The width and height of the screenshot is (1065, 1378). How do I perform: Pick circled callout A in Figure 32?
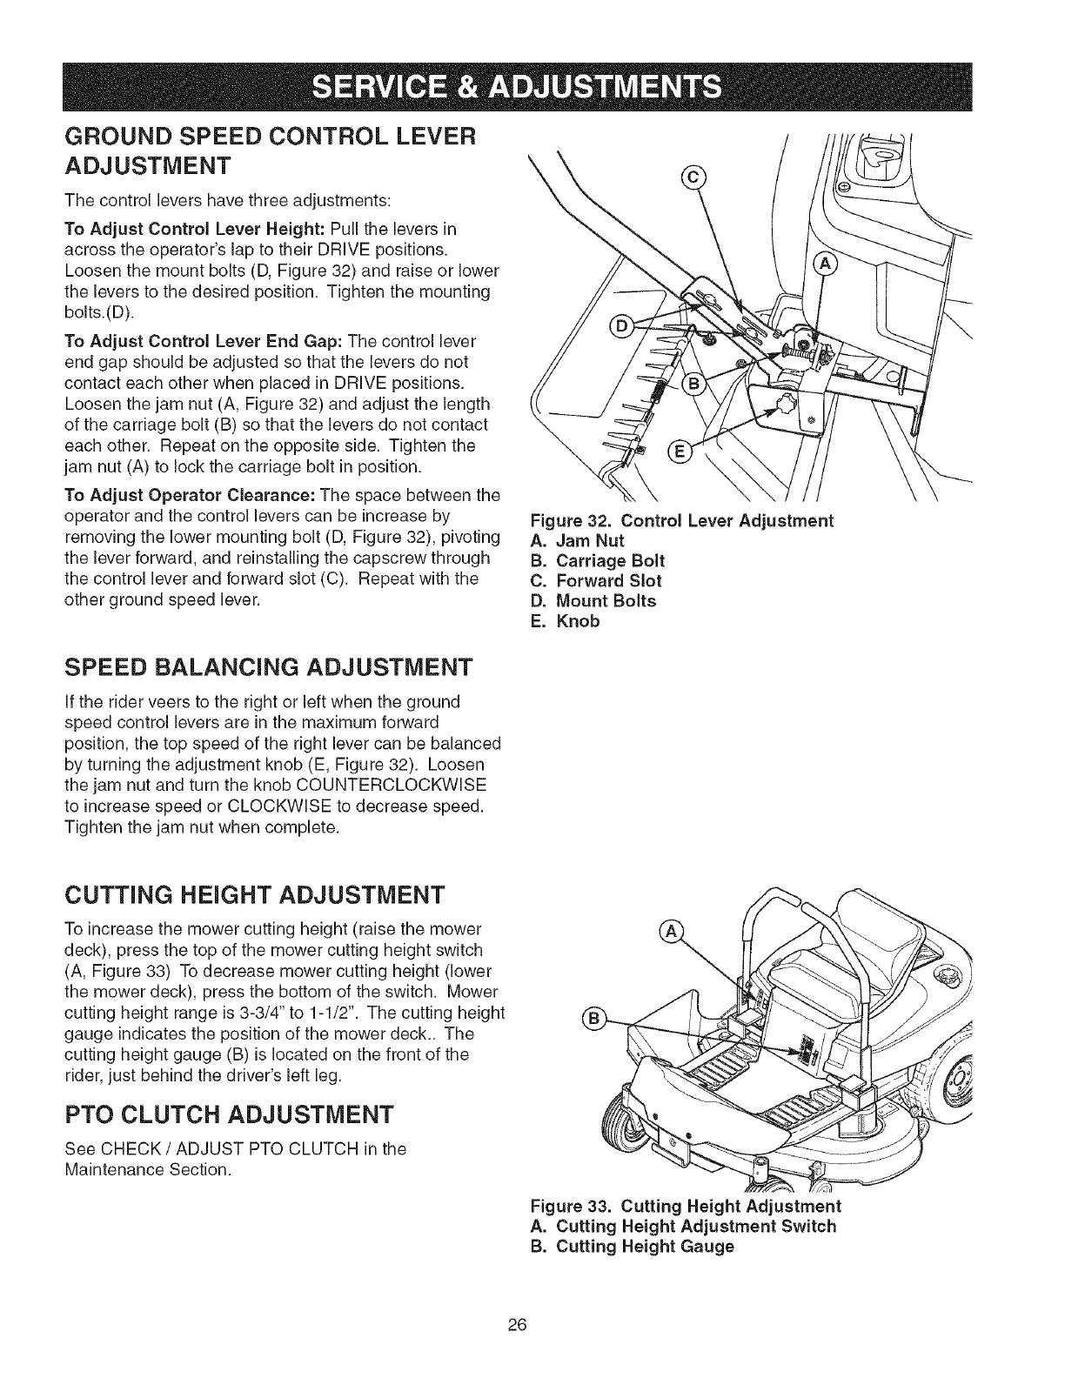[822, 264]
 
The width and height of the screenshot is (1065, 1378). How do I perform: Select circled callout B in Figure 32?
[696, 385]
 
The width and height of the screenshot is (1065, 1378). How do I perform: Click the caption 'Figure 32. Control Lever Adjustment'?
[681, 521]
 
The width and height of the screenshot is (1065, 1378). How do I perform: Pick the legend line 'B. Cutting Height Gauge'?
[632, 1246]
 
